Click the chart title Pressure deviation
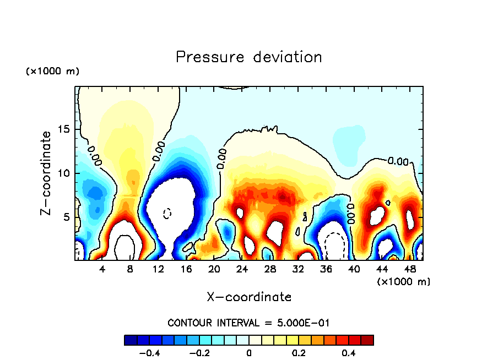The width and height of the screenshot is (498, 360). pyautogui.click(x=248, y=57)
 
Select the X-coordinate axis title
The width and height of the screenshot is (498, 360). pyautogui.click(x=249, y=297)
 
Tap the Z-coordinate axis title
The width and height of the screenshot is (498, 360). pyautogui.click(x=47, y=173)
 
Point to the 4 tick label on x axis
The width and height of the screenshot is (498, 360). pyautogui.click(x=102, y=270)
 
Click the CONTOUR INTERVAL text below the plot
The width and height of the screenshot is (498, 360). pyautogui.click(x=248, y=323)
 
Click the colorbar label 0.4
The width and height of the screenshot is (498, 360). pyautogui.click(x=348, y=353)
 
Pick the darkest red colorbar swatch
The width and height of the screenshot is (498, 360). pyautogui.click(x=367, y=340)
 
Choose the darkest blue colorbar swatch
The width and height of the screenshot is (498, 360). pyautogui.click(x=131, y=340)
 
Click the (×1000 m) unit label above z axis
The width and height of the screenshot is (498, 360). pyautogui.click(x=52, y=72)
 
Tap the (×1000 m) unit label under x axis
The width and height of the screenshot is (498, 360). pyautogui.click(x=404, y=281)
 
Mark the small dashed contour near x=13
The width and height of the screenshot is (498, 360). pyautogui.click(x=167, y=212)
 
